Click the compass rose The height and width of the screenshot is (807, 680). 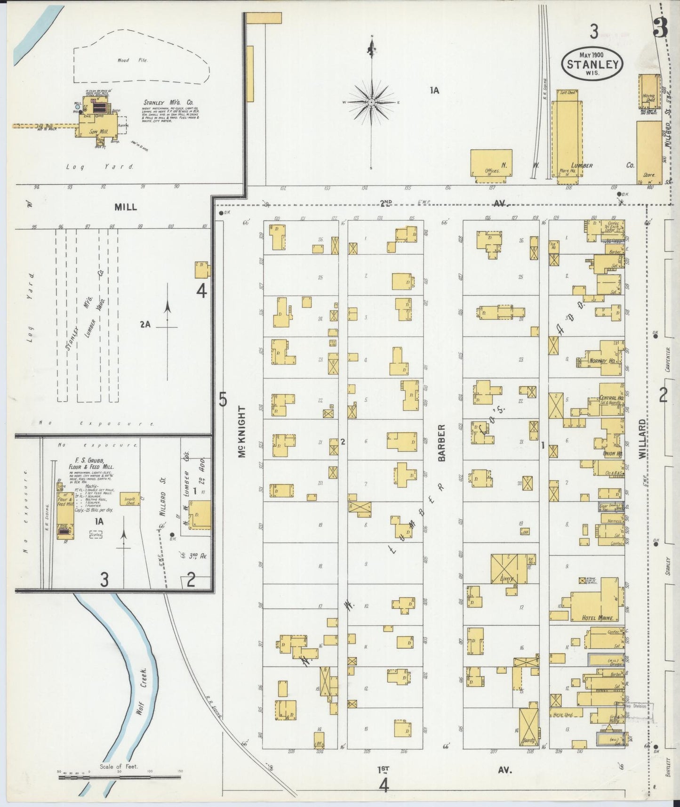(x=371, y=102)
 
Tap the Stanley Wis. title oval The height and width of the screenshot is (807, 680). (x=592, y=65)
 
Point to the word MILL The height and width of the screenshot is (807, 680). (x=126, y=207)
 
